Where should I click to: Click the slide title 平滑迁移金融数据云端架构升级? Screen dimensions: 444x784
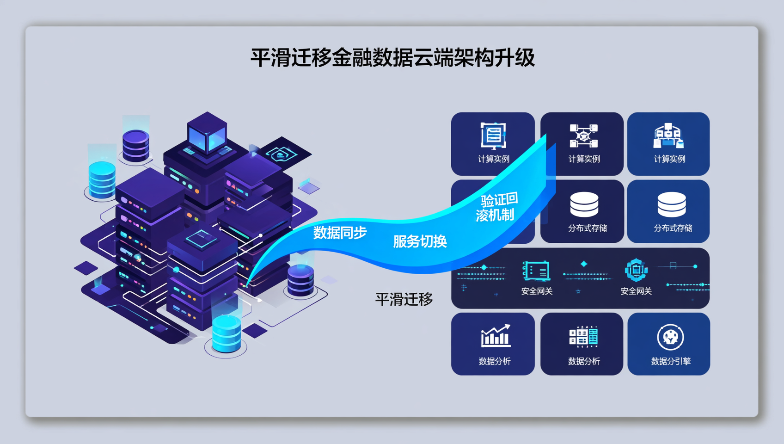pyautogui.click(x=392, y=58)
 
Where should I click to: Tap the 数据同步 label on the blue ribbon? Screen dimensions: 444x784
pyautogui.click(x=340, y=232)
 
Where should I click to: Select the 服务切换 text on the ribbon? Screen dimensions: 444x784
pyautogui.click(x=420, y=241)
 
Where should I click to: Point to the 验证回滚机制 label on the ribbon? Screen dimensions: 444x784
pyautogui.click(x=497, y=207)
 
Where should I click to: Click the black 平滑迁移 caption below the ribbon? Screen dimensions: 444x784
pyautogui.click(x=404, y=299)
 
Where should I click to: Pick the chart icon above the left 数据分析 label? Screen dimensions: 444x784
pyautogui.click(x=495, y=336)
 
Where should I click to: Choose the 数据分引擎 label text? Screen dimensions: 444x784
pyautogui.click(x=670, y=361)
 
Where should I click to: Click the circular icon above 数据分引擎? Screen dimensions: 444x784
pyautogui.click(x=670, y=337)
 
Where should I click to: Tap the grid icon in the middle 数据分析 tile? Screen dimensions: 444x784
pyautogui.click(x=583, y=337)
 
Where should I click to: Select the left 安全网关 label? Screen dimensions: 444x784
pyautogui.click(x=537, y=291)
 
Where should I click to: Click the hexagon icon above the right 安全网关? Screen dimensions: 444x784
pyautogui.click(x=636, y=270)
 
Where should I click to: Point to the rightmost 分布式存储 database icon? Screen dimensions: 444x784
pyautogui.click(x=671, y=204)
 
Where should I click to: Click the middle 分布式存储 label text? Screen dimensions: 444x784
pyautogui.click(x=587, y=228)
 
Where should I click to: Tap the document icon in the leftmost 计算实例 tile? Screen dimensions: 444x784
pyautogui.click(x=493, y=136)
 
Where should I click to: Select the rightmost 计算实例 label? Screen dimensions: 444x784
pyautogui.click(x=669, y=159)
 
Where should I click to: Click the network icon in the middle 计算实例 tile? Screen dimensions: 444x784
pyautogui.click(x=583, y=136)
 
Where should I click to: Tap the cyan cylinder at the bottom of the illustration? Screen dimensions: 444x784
pyautogui.click(x=226, y=333)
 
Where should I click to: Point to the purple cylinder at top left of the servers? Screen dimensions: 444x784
pyautogui.click(x=136, y=145)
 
